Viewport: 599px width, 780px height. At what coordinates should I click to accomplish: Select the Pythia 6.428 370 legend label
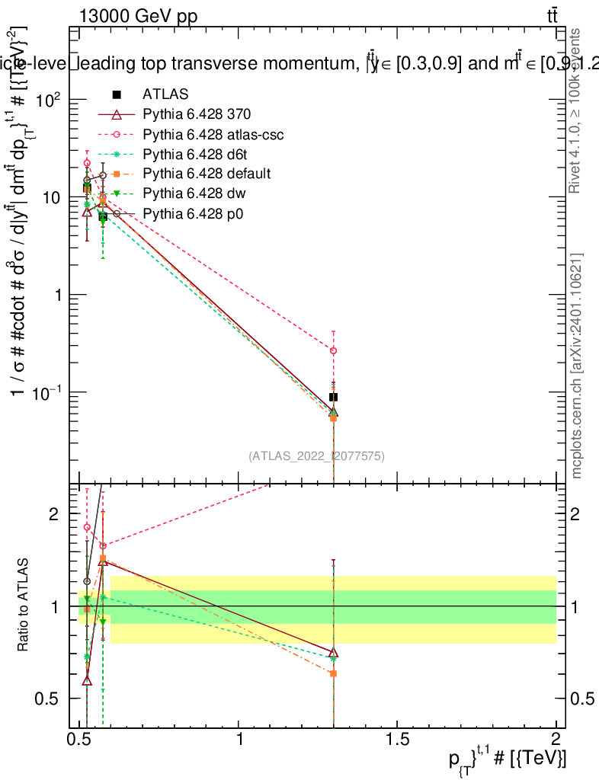click(x=197, y=114)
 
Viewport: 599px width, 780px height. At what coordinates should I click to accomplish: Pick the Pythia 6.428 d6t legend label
click(x=194, y=155)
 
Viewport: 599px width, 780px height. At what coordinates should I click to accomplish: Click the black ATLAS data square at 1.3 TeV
click(x=333, y=397)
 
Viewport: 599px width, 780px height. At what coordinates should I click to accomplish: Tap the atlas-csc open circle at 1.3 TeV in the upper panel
click(x=333, y=350)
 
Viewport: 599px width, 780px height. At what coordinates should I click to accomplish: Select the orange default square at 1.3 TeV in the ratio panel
click(x=333, y=673)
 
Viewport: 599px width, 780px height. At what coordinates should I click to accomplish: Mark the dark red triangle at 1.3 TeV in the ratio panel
click(x=333, y=653)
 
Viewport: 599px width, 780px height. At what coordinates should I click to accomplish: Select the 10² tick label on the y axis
click(x=47, y=100)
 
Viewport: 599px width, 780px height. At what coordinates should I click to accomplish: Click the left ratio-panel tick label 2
click(x=54, y=514)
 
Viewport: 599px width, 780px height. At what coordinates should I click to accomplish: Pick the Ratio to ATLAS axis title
click(x=24, y=606)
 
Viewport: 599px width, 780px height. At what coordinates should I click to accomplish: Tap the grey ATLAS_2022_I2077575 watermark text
click(x=316, y=456)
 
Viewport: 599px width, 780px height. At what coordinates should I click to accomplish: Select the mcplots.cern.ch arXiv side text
click(x=577, y=366)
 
